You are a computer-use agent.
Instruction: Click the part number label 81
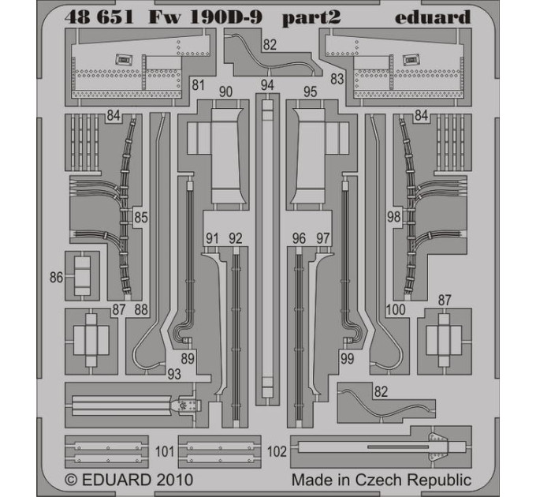(199, 85)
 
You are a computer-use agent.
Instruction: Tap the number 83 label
(337, 79)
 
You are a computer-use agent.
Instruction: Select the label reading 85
(141, 217)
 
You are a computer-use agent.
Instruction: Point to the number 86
(57, 277)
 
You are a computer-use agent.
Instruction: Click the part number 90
(225, 92)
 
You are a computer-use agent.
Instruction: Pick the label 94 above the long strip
(267, 85)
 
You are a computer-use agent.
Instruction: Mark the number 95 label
(310, 92)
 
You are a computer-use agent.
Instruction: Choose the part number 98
(394, 216)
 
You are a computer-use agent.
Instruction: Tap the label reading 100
(396, 309)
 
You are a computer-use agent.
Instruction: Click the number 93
(174, 374)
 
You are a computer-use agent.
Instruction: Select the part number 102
(277, 451)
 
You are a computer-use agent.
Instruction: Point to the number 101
(165, 451)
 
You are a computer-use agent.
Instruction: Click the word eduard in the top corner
(433, 17)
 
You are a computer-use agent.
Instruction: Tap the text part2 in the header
(311, 18)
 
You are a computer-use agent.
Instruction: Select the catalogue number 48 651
(99, 17)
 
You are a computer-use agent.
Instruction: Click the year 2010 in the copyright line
(175, 480)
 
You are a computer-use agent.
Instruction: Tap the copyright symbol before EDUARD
(71, 480)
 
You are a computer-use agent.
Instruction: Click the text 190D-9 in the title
(225, 17)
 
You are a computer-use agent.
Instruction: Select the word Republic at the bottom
(440, 480)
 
